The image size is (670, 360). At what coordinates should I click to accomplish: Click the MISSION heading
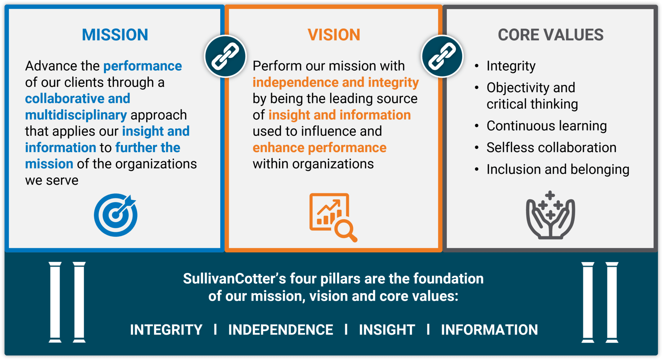point(115,35)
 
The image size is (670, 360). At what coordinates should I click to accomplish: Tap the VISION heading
point(334,35)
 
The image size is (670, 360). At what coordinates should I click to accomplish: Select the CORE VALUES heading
point(551,35)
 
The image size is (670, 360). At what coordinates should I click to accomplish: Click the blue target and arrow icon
point(115,215)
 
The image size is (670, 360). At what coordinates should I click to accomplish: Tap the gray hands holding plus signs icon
point(550,215)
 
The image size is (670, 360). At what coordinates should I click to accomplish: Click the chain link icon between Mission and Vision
point(225,56)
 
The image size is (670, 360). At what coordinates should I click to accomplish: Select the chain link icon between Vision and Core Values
point(442,56)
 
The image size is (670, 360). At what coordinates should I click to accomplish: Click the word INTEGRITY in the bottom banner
point(166,330)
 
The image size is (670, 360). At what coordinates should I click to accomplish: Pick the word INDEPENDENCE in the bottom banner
point(281,330)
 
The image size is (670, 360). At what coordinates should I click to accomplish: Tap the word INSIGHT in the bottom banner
point(387,330)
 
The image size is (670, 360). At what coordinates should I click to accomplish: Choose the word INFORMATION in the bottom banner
point(489,330)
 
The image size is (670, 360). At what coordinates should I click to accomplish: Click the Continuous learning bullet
point(546,126)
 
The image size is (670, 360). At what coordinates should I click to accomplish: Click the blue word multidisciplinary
point(76,115)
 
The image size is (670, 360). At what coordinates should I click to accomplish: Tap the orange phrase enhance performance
point(319,148)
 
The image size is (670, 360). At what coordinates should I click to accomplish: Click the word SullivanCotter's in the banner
point(234,279)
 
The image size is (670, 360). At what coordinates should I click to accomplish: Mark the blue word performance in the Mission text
point(143,66)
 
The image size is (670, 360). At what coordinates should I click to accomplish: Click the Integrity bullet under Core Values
point(511,66)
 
